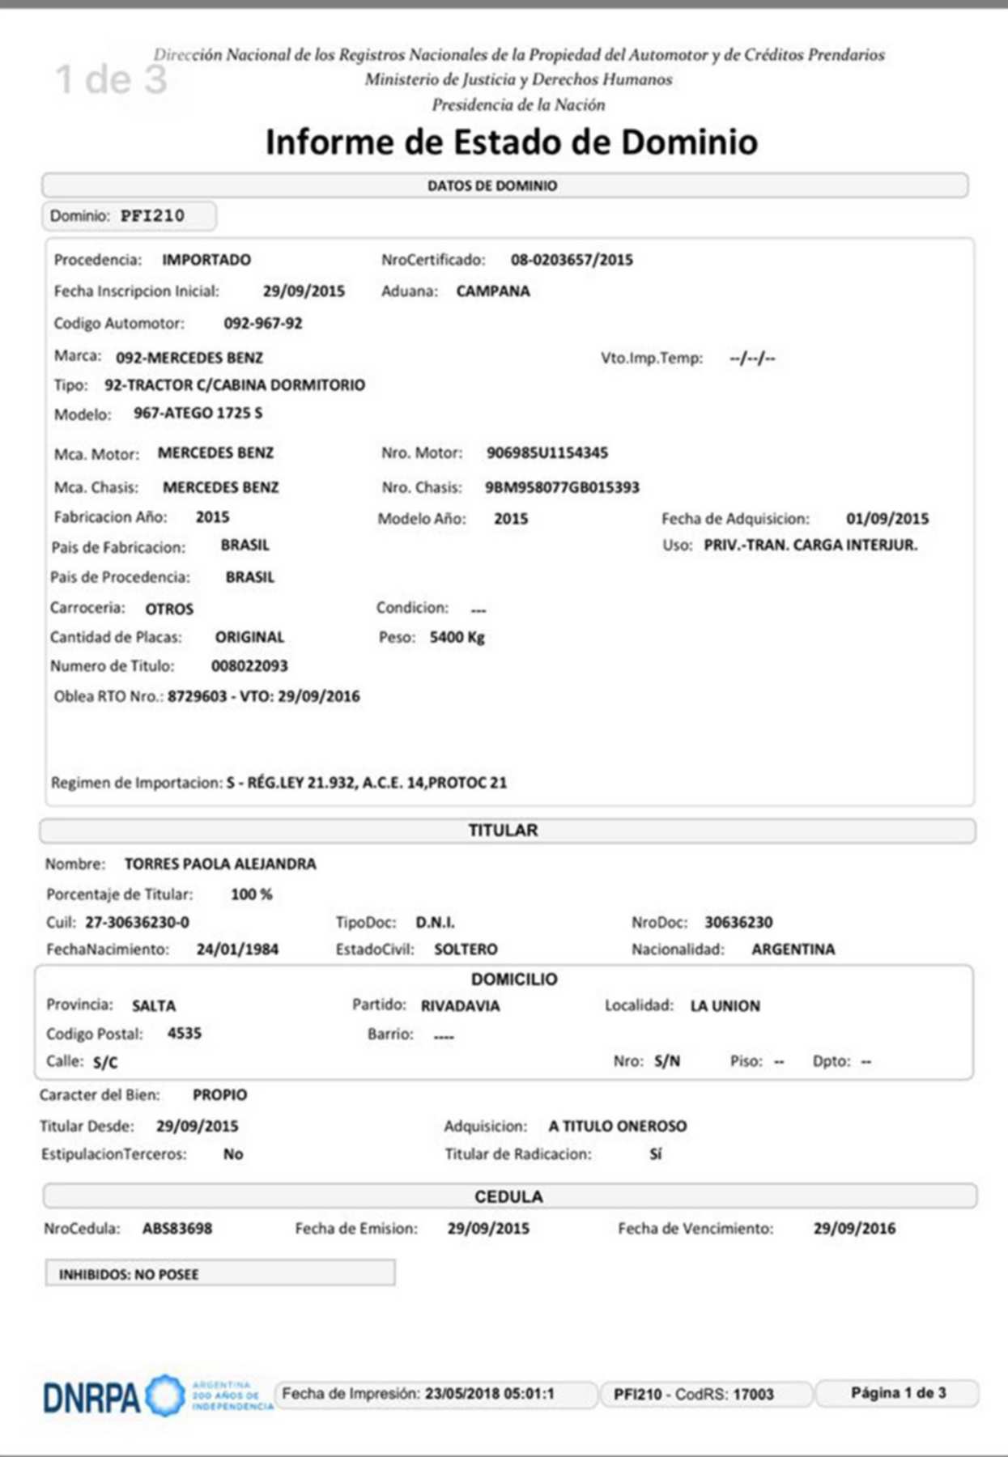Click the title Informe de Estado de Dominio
512,142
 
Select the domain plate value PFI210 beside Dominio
152,216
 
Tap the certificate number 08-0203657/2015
572,260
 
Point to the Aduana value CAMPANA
493,291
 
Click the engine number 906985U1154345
547,453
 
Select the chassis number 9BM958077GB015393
562,487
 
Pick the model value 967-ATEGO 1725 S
198,413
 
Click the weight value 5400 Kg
457,638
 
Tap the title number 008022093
249,666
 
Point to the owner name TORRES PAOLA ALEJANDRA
220,864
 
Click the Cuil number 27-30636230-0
137,923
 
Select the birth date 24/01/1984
237,949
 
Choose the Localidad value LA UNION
725,1006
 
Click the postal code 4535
185,1034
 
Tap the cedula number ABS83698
177,1229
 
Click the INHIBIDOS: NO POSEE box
219,1274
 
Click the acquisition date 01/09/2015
887,519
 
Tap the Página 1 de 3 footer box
897,1393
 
